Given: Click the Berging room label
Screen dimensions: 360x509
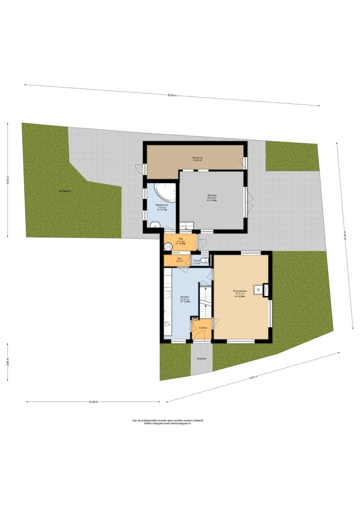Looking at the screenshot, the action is pos(197,158).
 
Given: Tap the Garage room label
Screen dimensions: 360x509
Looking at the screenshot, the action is pos(212,195).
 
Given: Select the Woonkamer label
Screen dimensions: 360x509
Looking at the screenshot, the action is pos(240,291).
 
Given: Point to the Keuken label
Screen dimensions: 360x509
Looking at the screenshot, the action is pos(185,297).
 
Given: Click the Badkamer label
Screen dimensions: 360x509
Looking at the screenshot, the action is pos(162,205).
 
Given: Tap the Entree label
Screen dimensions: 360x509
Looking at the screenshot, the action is pos(203,328).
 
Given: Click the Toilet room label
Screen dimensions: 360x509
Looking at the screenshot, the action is pos(197,261).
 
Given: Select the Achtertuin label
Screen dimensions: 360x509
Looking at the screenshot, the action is pos(65,191).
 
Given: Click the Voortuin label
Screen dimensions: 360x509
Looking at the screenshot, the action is pos(201,358).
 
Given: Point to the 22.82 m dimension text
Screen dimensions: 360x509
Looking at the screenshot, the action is pos(172,95).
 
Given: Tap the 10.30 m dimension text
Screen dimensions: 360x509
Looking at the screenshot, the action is pos(93,402).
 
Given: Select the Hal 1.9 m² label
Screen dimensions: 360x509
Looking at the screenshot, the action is pos(179,260).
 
